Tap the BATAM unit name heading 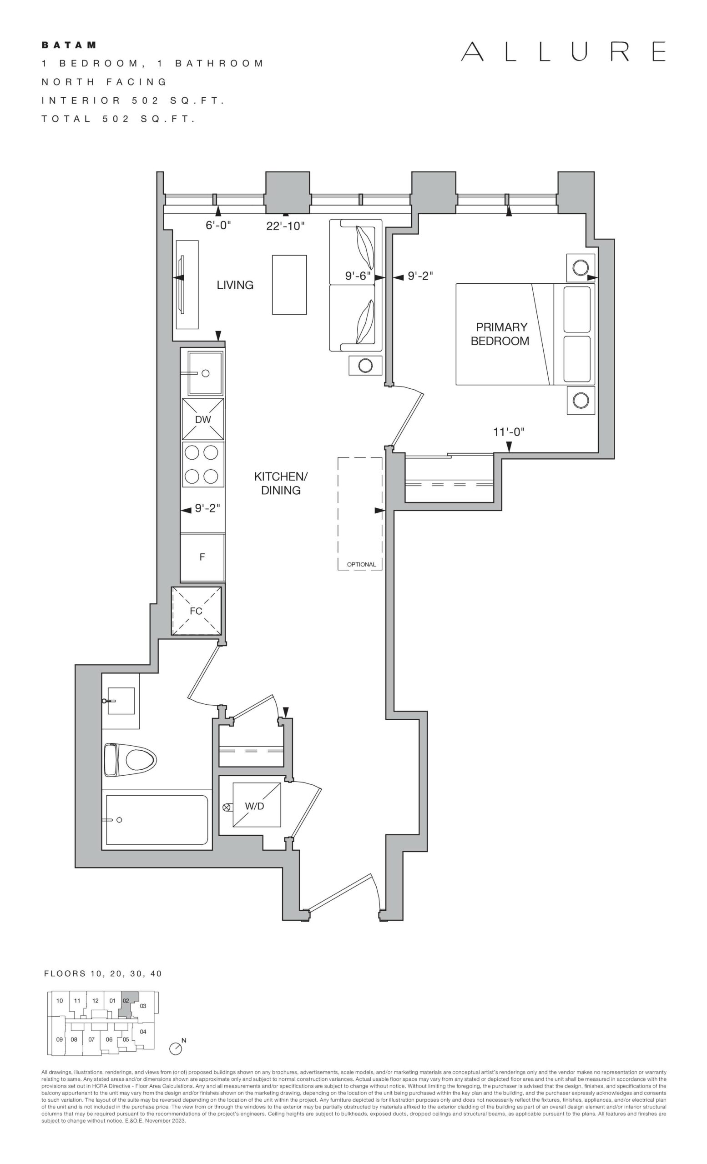pos(69,45)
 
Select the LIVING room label pos(235,285)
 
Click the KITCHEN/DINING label pos(281,483)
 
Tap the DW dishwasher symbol pos(203,419)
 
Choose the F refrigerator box pos(202,557)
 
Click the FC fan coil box pos(196,611)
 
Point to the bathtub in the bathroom pos(157,820)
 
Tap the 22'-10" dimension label pos(285,226)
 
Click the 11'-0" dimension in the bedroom pos(509,432)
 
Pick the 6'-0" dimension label pos(218,226)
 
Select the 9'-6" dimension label pos(357,276)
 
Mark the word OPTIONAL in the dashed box pos(362,565)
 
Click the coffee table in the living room pos(289,285)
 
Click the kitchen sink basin pos(206,373)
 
